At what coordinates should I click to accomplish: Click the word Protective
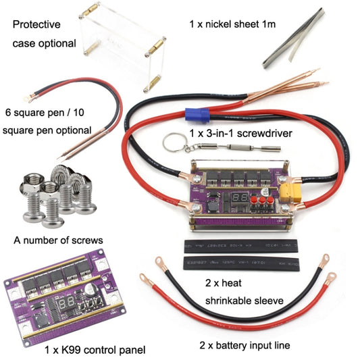36,24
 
